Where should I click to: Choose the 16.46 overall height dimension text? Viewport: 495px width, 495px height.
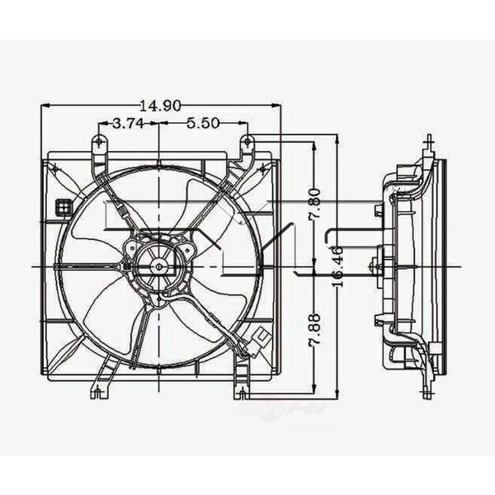[337, 264]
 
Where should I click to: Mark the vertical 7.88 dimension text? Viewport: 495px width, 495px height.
[314, 330]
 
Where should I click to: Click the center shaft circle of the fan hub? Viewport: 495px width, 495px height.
[158, 266]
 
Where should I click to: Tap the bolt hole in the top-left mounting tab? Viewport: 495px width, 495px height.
[99, 142]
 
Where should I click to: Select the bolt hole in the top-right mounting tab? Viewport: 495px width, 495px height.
[247, 142]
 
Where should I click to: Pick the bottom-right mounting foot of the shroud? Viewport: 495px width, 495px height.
[241, 389]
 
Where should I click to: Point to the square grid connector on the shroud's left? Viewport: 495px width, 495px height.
[64, 207]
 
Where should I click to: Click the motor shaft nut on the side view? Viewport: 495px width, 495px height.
[375, 266]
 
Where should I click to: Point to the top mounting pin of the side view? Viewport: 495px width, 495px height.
[429, 143]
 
